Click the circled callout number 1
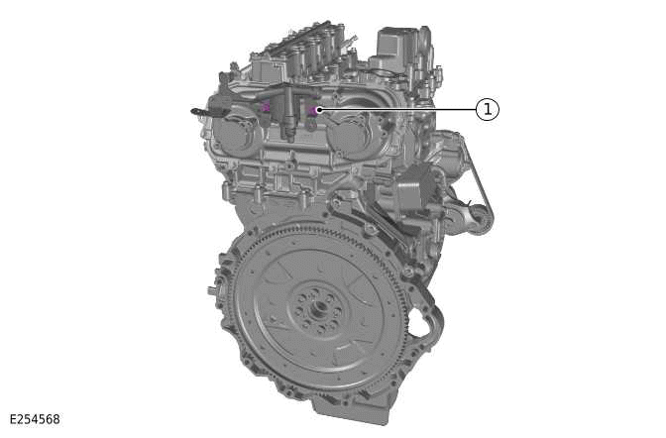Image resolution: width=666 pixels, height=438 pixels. click(487, 110)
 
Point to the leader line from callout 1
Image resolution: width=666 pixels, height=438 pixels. click(396, 110)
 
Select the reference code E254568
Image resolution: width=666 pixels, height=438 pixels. click(35, 419)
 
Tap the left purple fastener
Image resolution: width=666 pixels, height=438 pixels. click(265, 107)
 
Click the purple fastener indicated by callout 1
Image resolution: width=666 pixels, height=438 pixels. click(313, 110)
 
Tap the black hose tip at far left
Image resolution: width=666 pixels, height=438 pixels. click(196, 111)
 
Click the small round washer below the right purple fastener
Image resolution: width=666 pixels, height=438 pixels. click(311, 126)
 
